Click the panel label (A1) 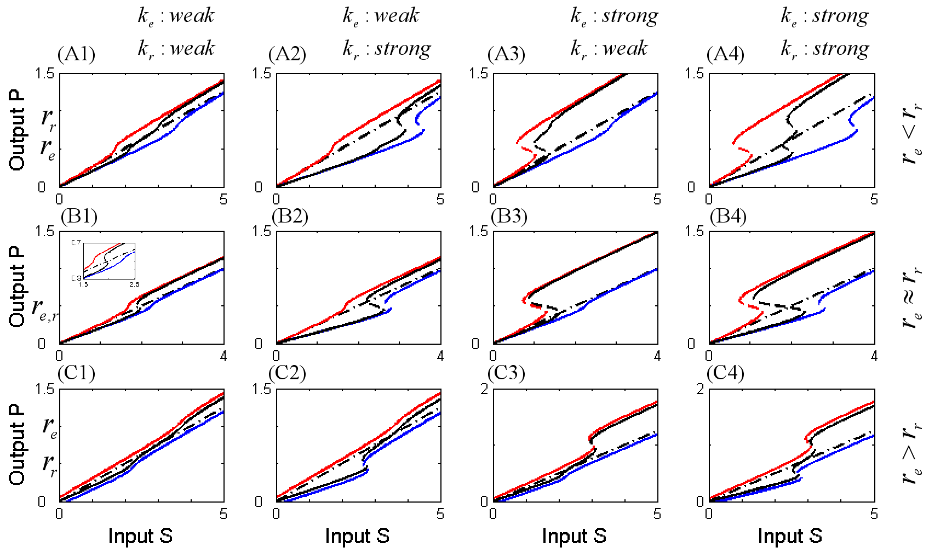(76, 54)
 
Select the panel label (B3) (509, 217)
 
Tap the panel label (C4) (725, 373)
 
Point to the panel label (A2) (287, 54)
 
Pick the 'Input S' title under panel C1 (140, 535)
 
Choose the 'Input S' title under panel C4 (790, 535)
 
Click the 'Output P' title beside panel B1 (17, 286)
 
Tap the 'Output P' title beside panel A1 (17, 129)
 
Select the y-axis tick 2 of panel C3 (484, 389)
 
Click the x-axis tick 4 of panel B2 (440, 357)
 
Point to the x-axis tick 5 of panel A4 (874, 199)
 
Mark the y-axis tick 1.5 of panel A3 (479, 73)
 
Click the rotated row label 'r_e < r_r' (911, 132)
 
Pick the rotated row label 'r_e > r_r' (911, 453)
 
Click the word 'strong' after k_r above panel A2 (403, 48)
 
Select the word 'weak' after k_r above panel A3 (624, 48)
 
